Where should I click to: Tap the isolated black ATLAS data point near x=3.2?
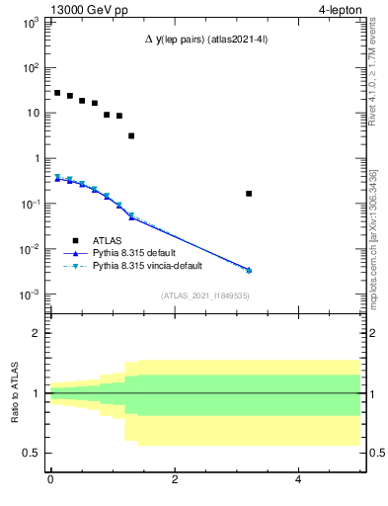(x=249, y=194)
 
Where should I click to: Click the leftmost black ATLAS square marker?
(x=57, y=93)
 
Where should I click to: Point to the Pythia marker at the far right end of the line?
(x=249, y=270)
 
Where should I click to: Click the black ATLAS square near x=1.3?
(x=131, y=135)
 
